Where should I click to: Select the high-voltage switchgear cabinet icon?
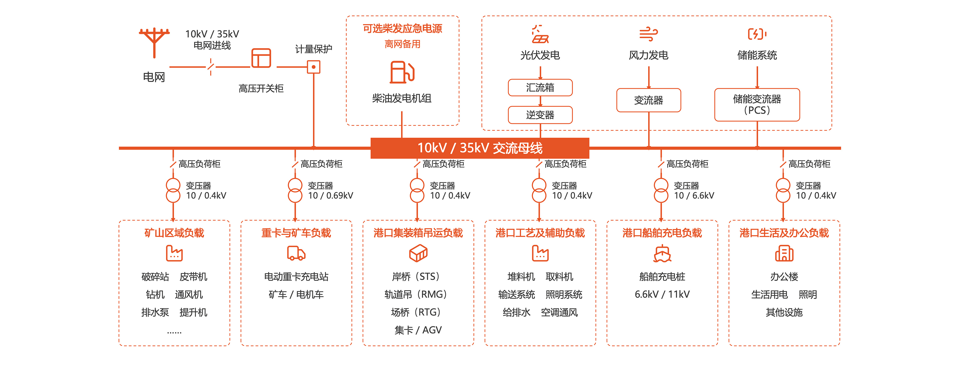[261, 58]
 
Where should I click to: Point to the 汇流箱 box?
[540, 88]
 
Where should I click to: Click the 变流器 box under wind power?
[649, 100]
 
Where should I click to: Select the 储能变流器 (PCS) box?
[757, 105]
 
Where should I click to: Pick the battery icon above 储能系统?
[757, 34]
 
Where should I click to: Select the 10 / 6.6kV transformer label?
[694, 196]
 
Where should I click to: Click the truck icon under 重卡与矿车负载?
[296, 253]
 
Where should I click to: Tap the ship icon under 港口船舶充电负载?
[662, 254]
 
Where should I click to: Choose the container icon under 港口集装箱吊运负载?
[418, 253]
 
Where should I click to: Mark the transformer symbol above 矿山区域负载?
[173, 190]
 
